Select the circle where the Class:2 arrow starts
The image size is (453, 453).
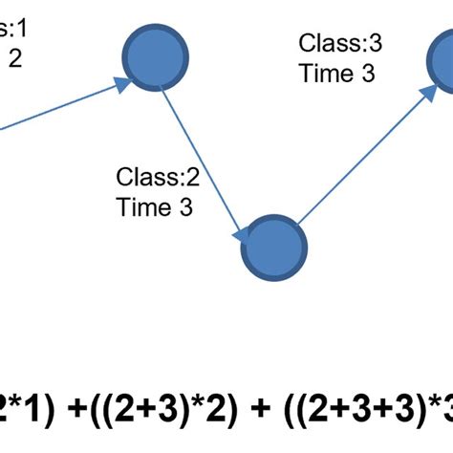click(x=156, y=59)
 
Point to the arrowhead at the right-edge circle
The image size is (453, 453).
click(x=423, y=93)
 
